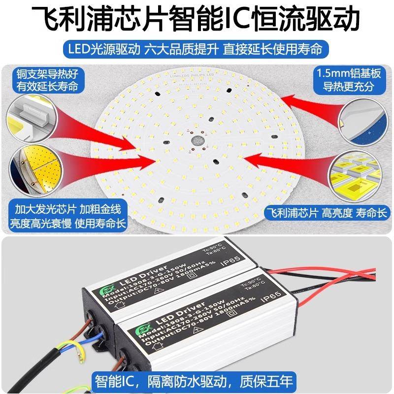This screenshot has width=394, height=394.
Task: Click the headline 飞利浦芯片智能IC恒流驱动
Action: (197, 19)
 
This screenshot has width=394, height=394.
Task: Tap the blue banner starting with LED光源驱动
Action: (197, 50)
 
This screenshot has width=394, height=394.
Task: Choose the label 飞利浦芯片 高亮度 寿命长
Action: (327, 213)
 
